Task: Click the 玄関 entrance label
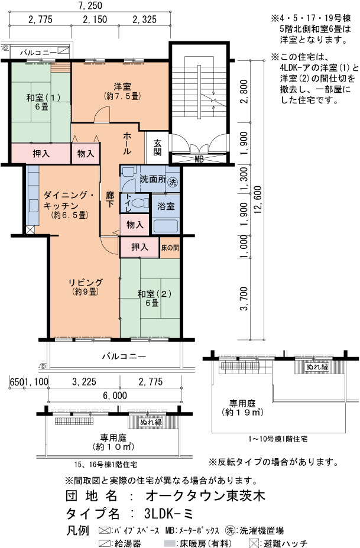click(157, 147)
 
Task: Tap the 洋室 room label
click(122, 86)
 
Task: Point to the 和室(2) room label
click(154, 294)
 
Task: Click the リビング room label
click(86, 282)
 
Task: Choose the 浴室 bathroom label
click(166, 206)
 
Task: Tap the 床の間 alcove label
click(170, 248)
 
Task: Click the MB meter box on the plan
click(199, 159)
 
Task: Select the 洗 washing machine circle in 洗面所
click(172, 181)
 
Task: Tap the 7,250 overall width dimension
click(90, 5)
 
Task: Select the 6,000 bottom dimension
click(115, 395)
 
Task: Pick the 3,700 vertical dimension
click(245, 299)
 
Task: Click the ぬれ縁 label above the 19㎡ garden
click(317, 367)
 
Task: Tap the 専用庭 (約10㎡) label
click(113, 442)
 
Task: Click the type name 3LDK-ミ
click(168, 513)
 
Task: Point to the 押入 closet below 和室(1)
click(41, 154)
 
